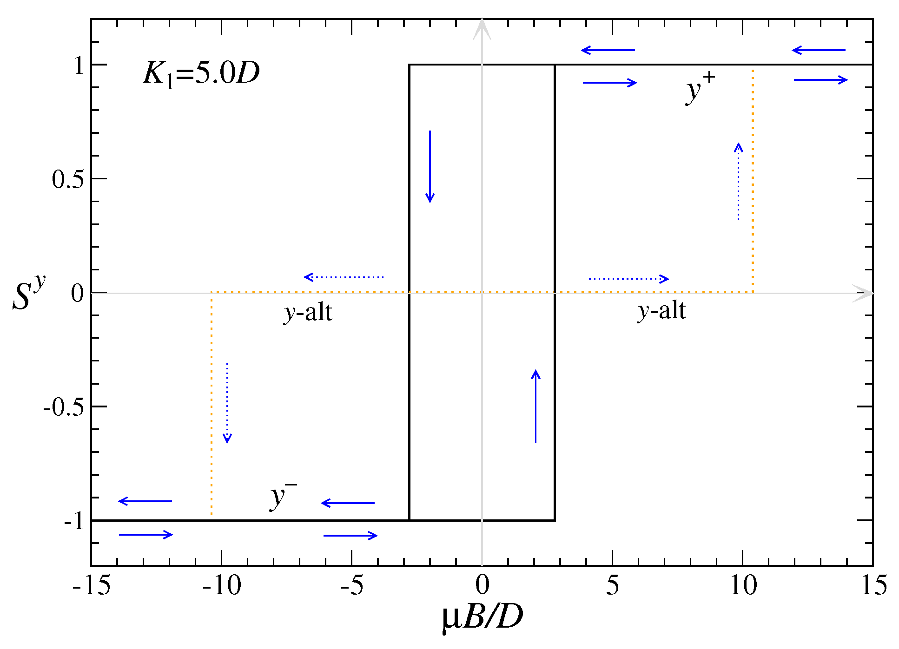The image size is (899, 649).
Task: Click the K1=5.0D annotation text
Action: click(201, 73)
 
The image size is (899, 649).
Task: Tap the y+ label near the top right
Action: click(699, 88)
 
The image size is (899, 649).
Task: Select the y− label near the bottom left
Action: click(283, 496)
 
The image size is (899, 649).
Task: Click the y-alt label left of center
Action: click(308, 312)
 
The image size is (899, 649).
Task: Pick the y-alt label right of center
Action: click(661, 310)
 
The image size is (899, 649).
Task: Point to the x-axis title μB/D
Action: click(482, 617)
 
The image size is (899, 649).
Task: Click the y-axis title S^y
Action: click(28, 293)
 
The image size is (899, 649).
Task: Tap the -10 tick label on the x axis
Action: click(222, 585)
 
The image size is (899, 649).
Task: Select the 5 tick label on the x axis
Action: click(612, 585)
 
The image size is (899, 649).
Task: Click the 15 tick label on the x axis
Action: click(873, 585)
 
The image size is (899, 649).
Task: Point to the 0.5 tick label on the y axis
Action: click(67, 179)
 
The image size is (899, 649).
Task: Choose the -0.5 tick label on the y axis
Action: click(63, 407)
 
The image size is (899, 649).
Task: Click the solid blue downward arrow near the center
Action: click(430, 166)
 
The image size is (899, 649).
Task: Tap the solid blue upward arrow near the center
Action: click(535, 406)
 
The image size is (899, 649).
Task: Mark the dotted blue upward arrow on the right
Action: click(738, 181)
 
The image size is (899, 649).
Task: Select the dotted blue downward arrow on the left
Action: click(227, 402)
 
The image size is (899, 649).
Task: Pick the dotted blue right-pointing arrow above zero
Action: click(628, 279)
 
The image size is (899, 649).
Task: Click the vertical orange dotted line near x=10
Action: click(753, 181)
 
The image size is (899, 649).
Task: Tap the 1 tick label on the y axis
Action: click(79, 66)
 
